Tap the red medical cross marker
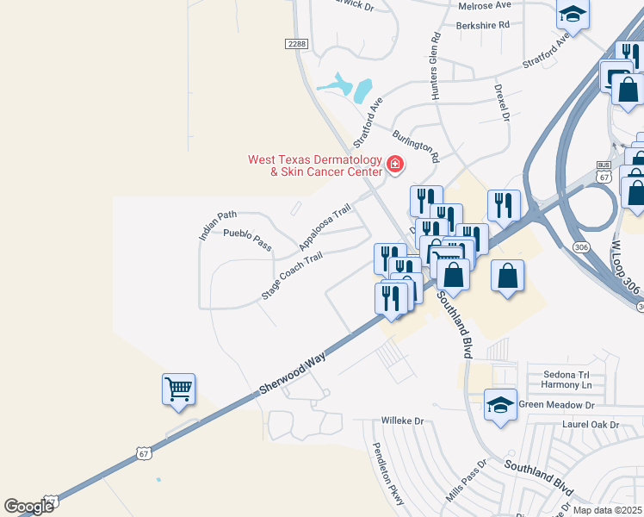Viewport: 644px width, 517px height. pyautogui.click(x=395, y=164)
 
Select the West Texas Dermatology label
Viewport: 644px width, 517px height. pyautogui.click(x=314, y=165)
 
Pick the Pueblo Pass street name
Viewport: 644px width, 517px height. pyautogui.click(x=247, y=240)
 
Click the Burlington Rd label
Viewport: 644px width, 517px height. pyautogui.click(x=415, y=146)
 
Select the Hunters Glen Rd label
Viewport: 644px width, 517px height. pyautogui.click(x=437, y=65)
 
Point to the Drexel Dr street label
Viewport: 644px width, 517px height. pyautogui.click(x=503, y=102)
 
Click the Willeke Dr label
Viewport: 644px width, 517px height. pyautogui.click(x=404, y=421)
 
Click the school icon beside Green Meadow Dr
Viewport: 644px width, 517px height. pyautogui.click(x=500, y=404)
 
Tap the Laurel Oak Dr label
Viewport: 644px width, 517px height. pyautogui.click(x=590, y=424)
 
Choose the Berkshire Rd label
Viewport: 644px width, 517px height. pyautogui.click(x=483, y=25)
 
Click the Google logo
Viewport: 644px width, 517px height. pyautogui.click(x=29, y=506)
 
